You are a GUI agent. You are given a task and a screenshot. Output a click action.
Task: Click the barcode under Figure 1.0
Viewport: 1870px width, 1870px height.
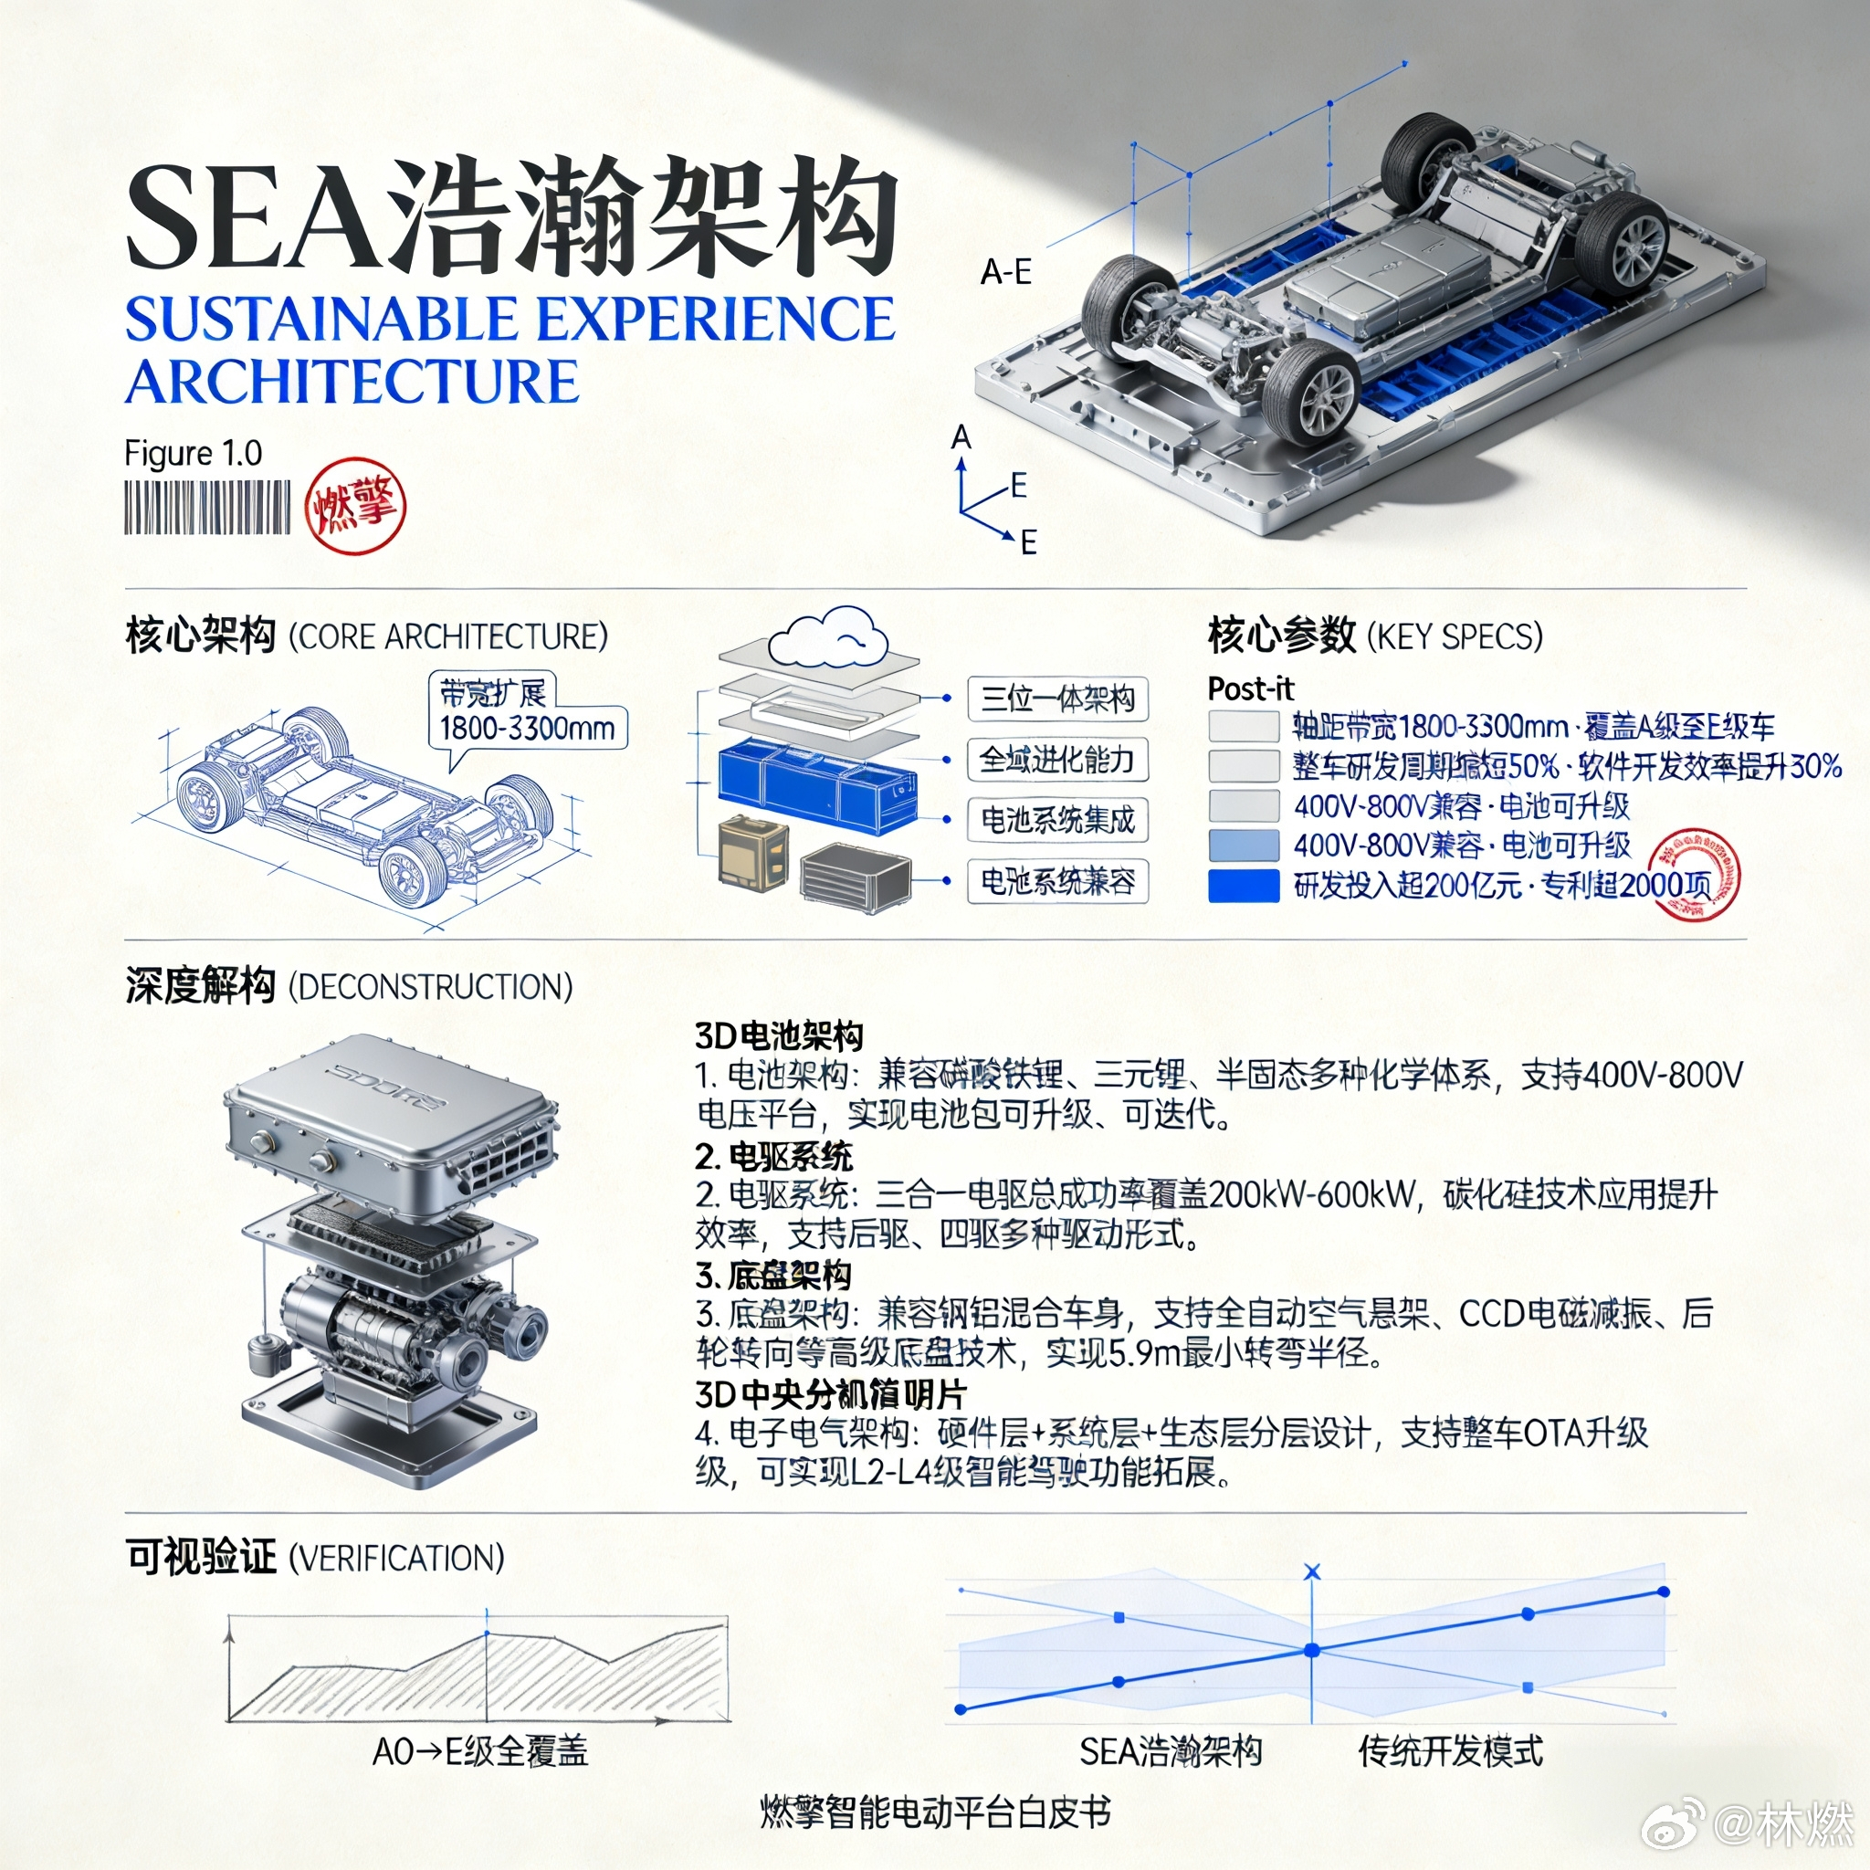pyautogui.click(x=206, y=507)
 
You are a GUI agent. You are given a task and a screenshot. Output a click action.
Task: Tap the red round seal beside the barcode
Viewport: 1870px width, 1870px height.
pyautogui.click(x=354, y=505)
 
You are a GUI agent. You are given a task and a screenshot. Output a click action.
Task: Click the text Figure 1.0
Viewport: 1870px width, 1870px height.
pyautogui.click(x=193, y=453)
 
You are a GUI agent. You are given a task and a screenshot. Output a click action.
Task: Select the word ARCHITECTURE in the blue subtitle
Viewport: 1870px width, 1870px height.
pyautogui.click(x=352, y=382)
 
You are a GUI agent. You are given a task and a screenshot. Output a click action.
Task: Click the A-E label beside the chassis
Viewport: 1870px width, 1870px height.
pyautogui.click(x=1005, y=272)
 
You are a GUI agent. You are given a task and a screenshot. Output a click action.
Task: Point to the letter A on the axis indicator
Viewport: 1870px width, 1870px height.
pyautogui.click(x=961, y=437)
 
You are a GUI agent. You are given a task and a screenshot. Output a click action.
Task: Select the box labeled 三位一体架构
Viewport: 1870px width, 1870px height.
pyautogui.click(x=1057, y=699)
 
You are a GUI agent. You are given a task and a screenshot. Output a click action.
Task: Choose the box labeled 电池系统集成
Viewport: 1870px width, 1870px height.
pyautogui.click(x=1057, y=820)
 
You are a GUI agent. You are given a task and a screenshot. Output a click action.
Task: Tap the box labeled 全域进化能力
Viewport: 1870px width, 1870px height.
pyautogui.click(x=1057, y=760)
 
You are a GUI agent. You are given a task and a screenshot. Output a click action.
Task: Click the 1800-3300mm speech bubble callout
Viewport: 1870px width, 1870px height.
pyautogui.click(x=528, y=714)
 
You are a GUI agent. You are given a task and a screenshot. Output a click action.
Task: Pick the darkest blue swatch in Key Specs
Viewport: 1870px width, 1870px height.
pyautogui.click(x=1244, y=885)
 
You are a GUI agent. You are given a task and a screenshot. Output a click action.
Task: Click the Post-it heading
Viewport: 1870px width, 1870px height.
pyautogui.click(x=1250, y=689)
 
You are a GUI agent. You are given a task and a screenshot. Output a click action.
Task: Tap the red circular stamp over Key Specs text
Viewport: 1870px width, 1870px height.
pyautogui.click(x=1693, y=874)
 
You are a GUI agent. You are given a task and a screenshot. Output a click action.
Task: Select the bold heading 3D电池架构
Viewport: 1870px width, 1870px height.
pyautogui.click(x=778, y=1035)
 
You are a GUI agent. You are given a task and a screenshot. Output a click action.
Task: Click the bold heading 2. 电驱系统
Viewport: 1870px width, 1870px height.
pyautogui.click(x=773, y=1156)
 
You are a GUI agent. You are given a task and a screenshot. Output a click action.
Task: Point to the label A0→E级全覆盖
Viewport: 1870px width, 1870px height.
pyautogui.click(x=480, y=1750)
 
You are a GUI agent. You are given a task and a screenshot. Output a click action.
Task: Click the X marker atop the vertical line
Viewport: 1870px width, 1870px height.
pyautogui.click(x=1311, y=1572)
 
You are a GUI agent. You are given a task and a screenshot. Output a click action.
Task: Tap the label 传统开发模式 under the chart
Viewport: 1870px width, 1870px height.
pyautogui.click(x=1450, y=1750)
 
